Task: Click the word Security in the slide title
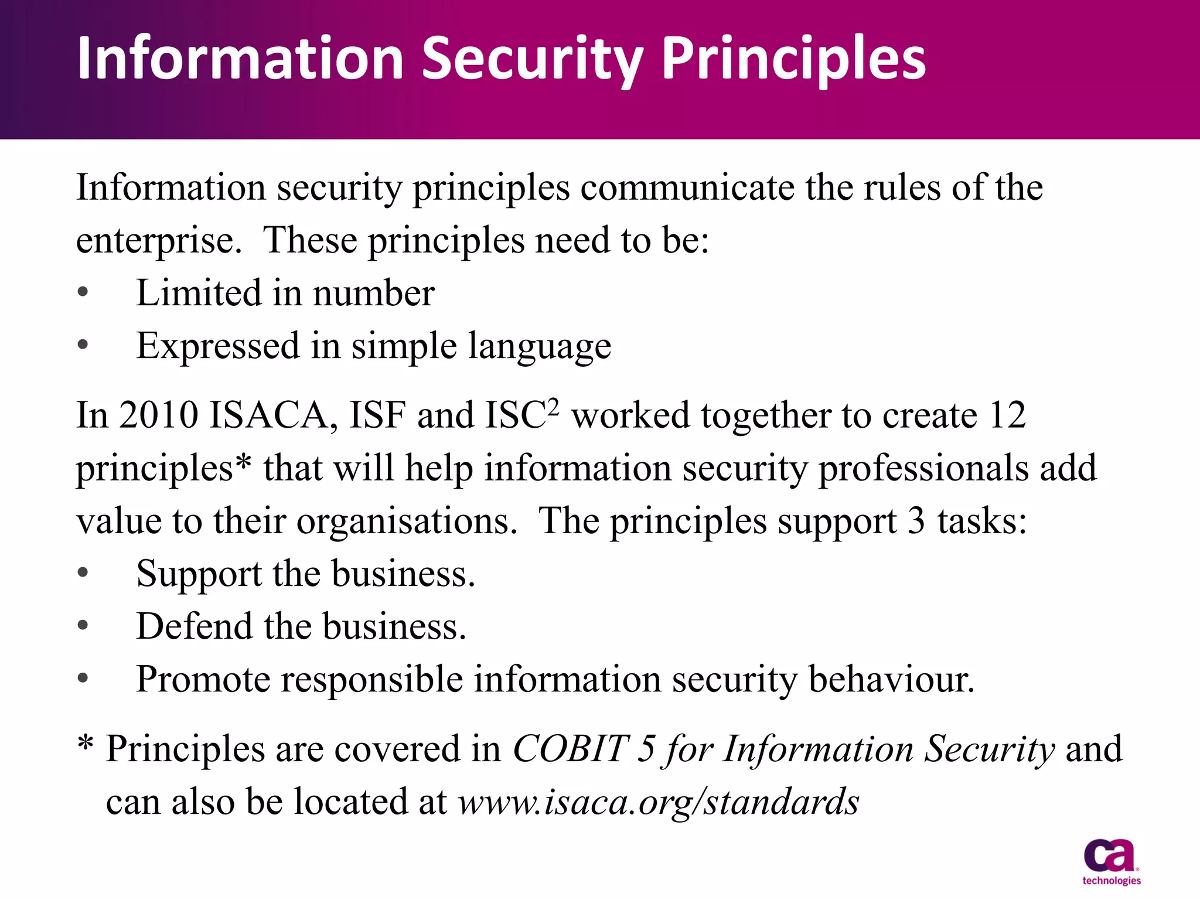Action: coord(532,59)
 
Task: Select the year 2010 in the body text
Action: coord(158,415)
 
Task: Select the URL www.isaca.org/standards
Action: coord(658,802)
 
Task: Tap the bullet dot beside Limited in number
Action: coord(83,292)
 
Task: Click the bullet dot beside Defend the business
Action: coord(83,626)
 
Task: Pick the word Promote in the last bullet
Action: coord(203,679)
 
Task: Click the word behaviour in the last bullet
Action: coord(891,679)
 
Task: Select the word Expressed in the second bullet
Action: coord(218,346)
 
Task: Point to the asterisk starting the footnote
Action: coord(86,744)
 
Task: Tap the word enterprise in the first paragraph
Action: coord(159,241)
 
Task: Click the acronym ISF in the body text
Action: coord(377,415)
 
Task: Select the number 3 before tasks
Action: coord(916,521)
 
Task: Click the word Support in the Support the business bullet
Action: coord(199,574)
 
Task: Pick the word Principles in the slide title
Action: coord(793,59)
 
